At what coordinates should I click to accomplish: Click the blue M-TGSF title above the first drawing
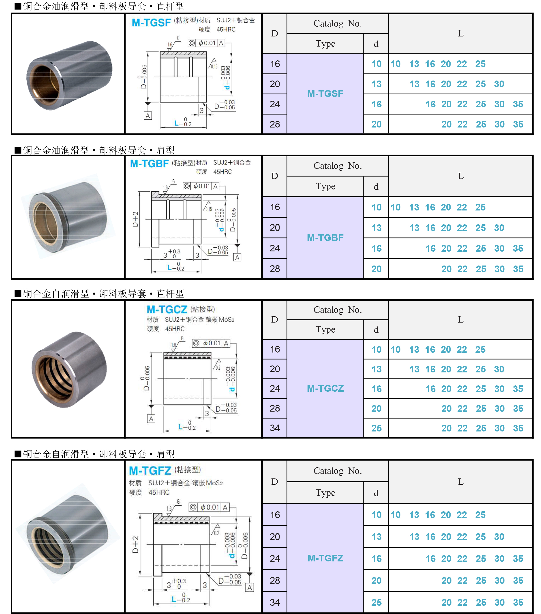click(151, 23)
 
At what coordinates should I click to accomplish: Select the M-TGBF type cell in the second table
click(325, 238)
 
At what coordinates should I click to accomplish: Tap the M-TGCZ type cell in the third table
click(325, 388)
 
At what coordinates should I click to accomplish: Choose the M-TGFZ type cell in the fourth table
click(325, 558)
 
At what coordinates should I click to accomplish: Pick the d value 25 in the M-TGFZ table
click(376, 602)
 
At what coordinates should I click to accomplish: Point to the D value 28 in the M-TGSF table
click(275, 124)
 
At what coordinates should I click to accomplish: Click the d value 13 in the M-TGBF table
click(376, 228)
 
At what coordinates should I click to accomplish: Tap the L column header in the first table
click(460, 34)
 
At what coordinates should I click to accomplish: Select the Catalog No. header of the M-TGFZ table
click(338, 471)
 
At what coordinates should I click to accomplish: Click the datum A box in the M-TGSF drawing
click(148, 116)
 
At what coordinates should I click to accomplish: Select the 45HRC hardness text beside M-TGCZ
click(175, 329)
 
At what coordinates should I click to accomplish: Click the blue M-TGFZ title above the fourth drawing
click(150, 470)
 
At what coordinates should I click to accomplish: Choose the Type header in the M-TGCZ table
click(325, 329)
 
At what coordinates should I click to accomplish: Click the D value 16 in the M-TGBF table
click(275, 207)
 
